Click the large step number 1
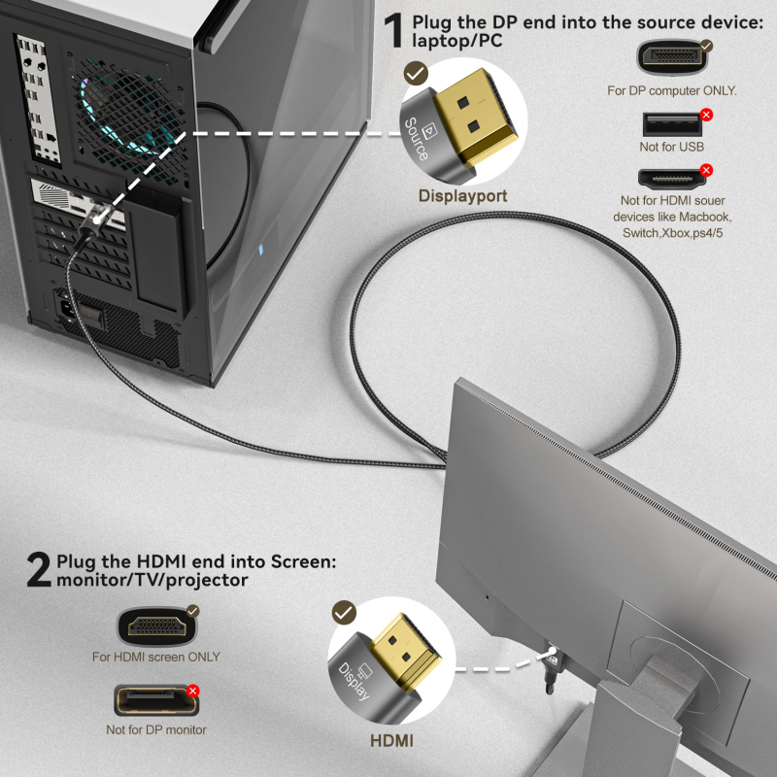point(394,31)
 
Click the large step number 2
point(39,570)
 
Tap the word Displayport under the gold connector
point(462,196)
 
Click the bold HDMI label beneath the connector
point(391,741)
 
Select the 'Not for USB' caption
point(671,147)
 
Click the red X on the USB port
point(706,115)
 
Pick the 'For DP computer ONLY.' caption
point(671,90)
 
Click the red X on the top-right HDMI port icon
point(706,171)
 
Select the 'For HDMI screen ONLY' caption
point(156,657)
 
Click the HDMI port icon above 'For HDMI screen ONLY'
point(155,625)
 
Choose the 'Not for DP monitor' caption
point(156,729)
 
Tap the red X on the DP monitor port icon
point(192,691)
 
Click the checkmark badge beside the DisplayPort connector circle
point(416,73)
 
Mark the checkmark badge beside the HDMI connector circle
point(343,612)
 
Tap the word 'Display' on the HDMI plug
point(352,686)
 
